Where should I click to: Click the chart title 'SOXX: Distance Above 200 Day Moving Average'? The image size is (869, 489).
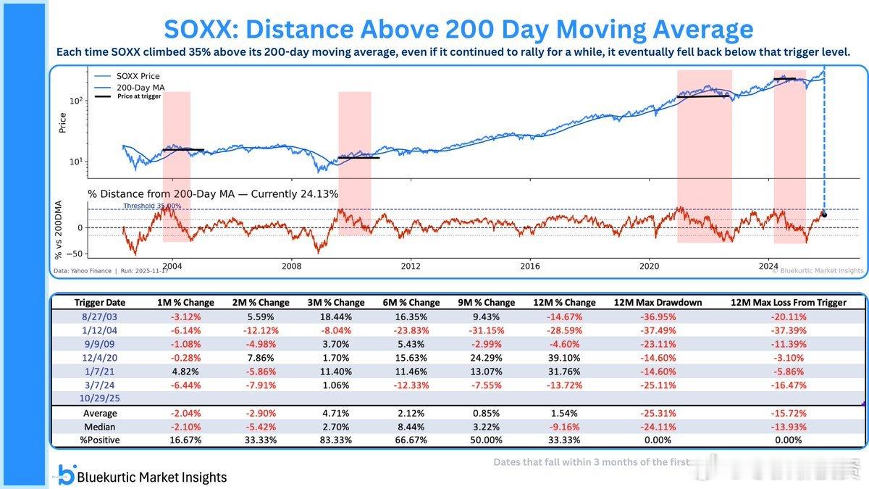[458, 30]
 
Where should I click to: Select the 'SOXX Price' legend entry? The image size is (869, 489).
[137, 76]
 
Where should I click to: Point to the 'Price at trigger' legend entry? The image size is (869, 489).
[139, 96]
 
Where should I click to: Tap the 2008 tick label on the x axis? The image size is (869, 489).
[292, 266]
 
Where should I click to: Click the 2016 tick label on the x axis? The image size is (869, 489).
[529, 266]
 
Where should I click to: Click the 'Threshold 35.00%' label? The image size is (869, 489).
[152, 206]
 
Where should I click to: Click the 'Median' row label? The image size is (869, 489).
[100, 426]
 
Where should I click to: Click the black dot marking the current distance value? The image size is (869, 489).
[824, 215]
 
